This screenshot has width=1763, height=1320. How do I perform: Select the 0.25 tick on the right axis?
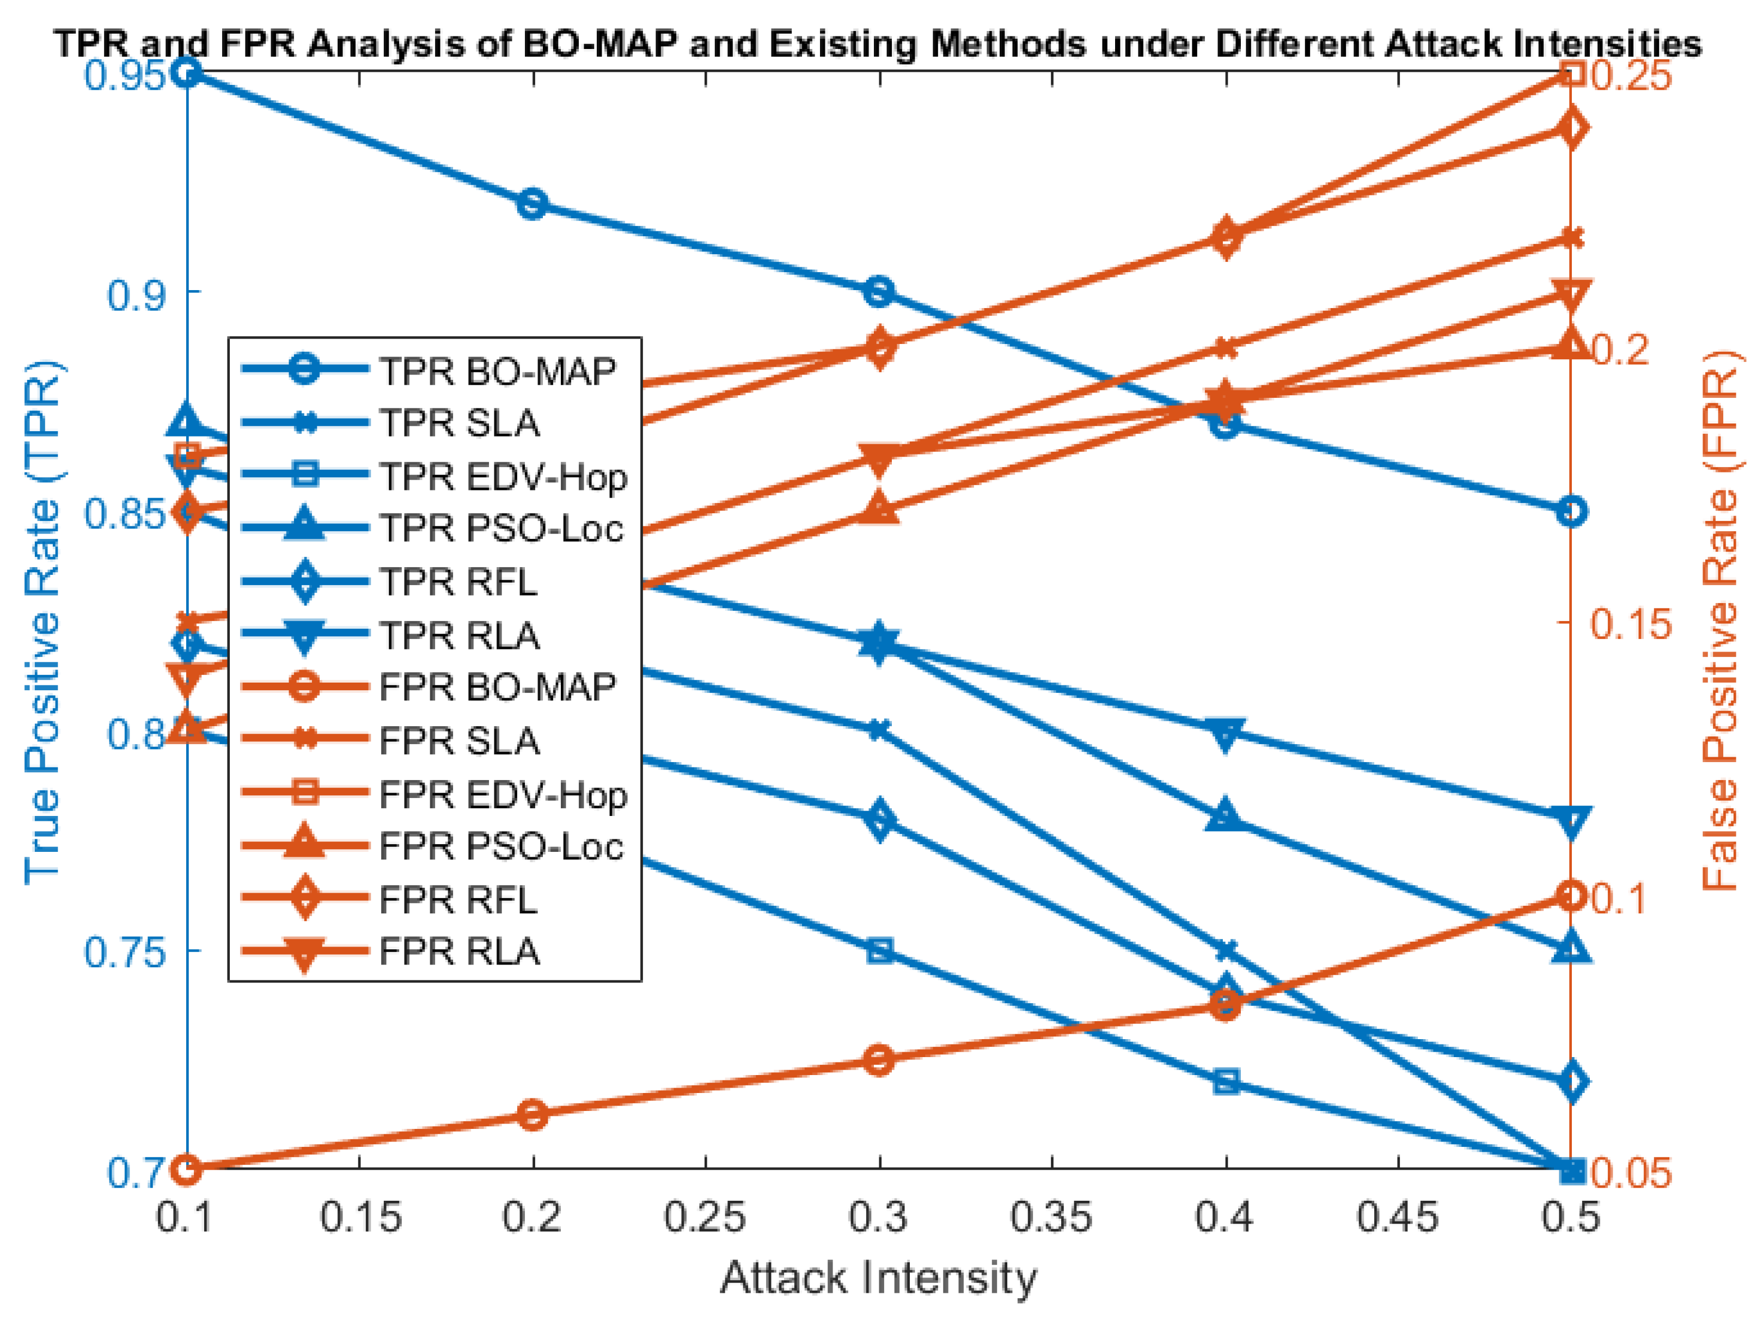click(1631, 76)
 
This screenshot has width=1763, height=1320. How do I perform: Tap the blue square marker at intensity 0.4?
click(1226, 1082)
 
